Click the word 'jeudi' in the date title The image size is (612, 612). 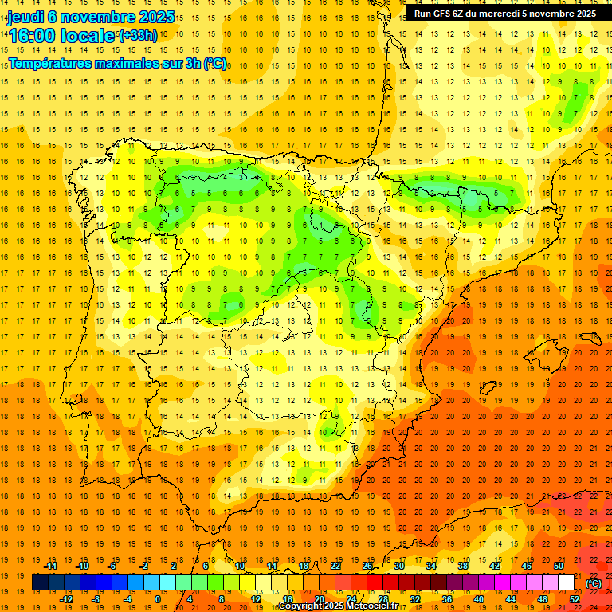[x=25, y=17]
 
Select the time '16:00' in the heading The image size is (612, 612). [x=32, y=35]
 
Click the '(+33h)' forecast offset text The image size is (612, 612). [x=138, y=35]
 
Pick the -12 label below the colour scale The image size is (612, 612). [x=66, y=599]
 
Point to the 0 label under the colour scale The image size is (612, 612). [x=158, y=599]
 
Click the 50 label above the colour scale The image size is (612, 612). [x=559, y=566]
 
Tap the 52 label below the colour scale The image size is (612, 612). [x=574, y=599]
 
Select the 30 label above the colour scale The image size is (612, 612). [x=399, y=566]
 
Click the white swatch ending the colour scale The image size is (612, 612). [x=566, y=583]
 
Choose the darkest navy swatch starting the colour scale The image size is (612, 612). [x=40, y=583]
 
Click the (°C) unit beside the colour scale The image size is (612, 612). [x=594, y=583]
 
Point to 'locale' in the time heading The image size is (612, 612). [x=89, y=35]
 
